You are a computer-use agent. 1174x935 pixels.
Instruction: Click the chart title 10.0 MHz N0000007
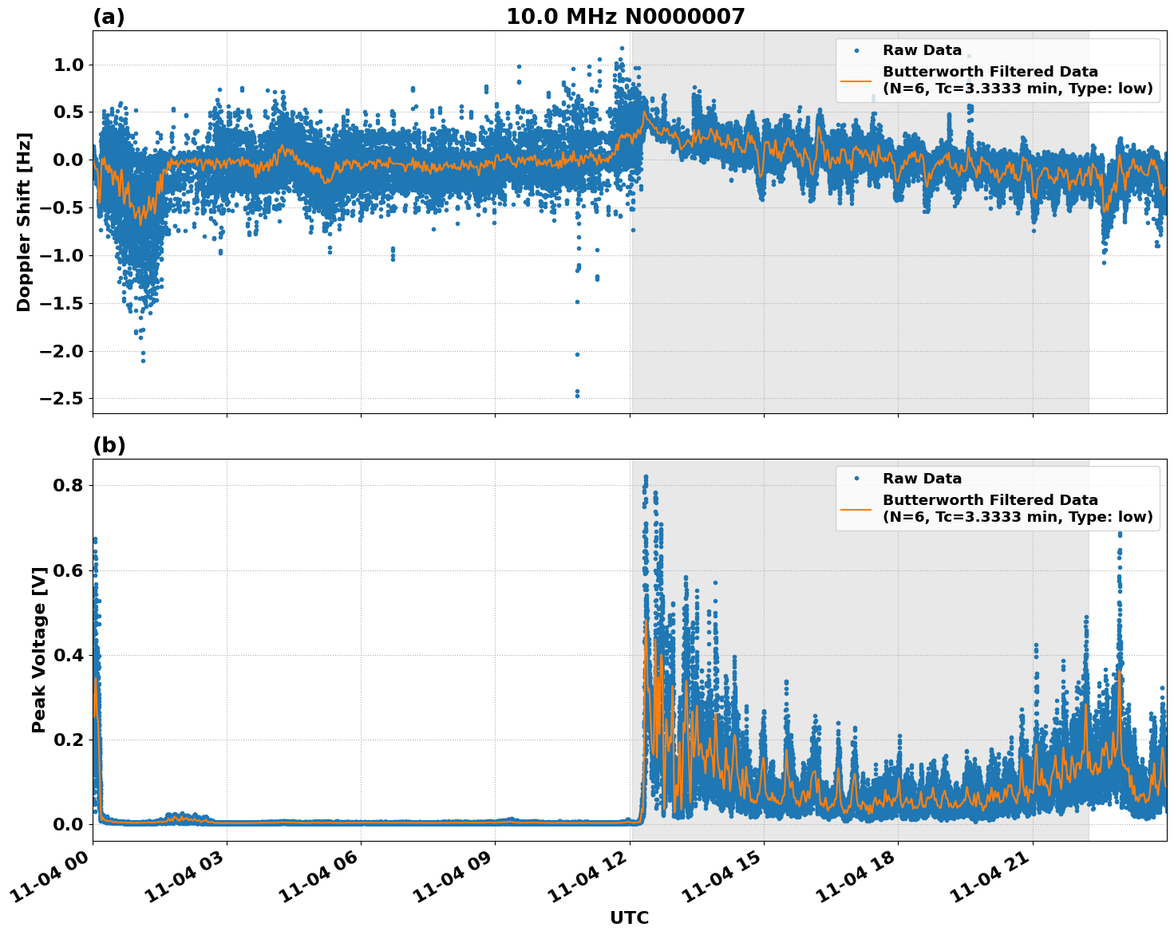click(625, 17)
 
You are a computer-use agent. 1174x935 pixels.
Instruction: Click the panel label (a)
click(109, 17)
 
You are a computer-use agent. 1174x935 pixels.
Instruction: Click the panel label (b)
click(109, 445)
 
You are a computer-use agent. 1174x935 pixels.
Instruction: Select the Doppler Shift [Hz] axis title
click(24, 222)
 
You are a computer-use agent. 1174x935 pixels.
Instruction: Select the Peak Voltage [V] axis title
click(39, 649)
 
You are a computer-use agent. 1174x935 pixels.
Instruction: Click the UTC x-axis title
click(629, 917)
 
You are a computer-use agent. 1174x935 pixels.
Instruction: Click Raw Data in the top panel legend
click(922, 50)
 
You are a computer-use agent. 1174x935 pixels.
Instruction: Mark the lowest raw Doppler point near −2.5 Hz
click(577, 396)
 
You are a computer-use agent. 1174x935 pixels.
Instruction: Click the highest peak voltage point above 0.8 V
click(646, 477)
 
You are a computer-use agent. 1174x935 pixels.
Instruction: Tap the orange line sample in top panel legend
click(856, 80)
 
